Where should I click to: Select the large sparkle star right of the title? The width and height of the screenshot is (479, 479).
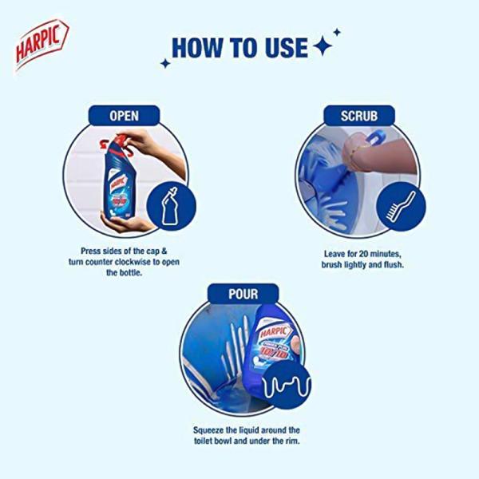pyautogui.click(x=323, y=47)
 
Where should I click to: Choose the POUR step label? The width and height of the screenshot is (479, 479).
pyautogui.click(x=239, y=294)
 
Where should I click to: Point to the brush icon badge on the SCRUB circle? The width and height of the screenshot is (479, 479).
pyautogui.click(x=402, y=206)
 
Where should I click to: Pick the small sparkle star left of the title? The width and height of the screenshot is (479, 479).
pyautogui.click(x=165, y=63)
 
